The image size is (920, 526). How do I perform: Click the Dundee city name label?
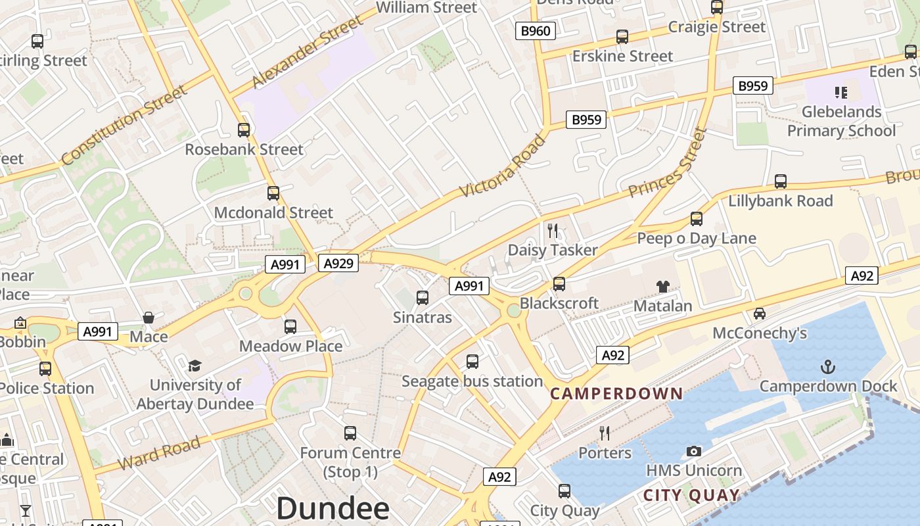tap(333, 508)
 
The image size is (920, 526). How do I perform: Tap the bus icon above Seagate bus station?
tap(472, 361)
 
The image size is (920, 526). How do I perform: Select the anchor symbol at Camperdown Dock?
tap(828, 367)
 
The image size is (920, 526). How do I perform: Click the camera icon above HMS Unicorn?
tap(693, 451)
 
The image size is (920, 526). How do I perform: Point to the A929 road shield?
tap(339, 264)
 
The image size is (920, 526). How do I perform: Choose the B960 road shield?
tap(536, 30)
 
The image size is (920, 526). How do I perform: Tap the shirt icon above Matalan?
tap(663, 286)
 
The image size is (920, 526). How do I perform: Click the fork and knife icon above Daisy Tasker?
tap(553, 230)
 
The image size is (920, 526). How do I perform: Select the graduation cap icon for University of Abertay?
tap(195, 366)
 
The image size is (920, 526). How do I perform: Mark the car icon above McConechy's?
tap(760, 313)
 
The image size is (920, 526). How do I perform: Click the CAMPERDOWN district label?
tap(616, 394)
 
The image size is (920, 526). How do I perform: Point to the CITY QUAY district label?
tap(691, 495)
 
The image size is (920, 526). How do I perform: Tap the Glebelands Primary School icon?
tap(841, 92)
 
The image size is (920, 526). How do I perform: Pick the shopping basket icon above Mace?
tap(149, 318)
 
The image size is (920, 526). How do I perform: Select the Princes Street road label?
tap(667, 163)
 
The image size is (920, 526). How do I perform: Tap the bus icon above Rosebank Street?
tap(244, 130)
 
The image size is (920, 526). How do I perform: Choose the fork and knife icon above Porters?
tap(605, 433)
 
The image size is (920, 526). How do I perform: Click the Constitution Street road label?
tap(124, 125)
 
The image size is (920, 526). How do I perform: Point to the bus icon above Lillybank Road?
tap(781, 181)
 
